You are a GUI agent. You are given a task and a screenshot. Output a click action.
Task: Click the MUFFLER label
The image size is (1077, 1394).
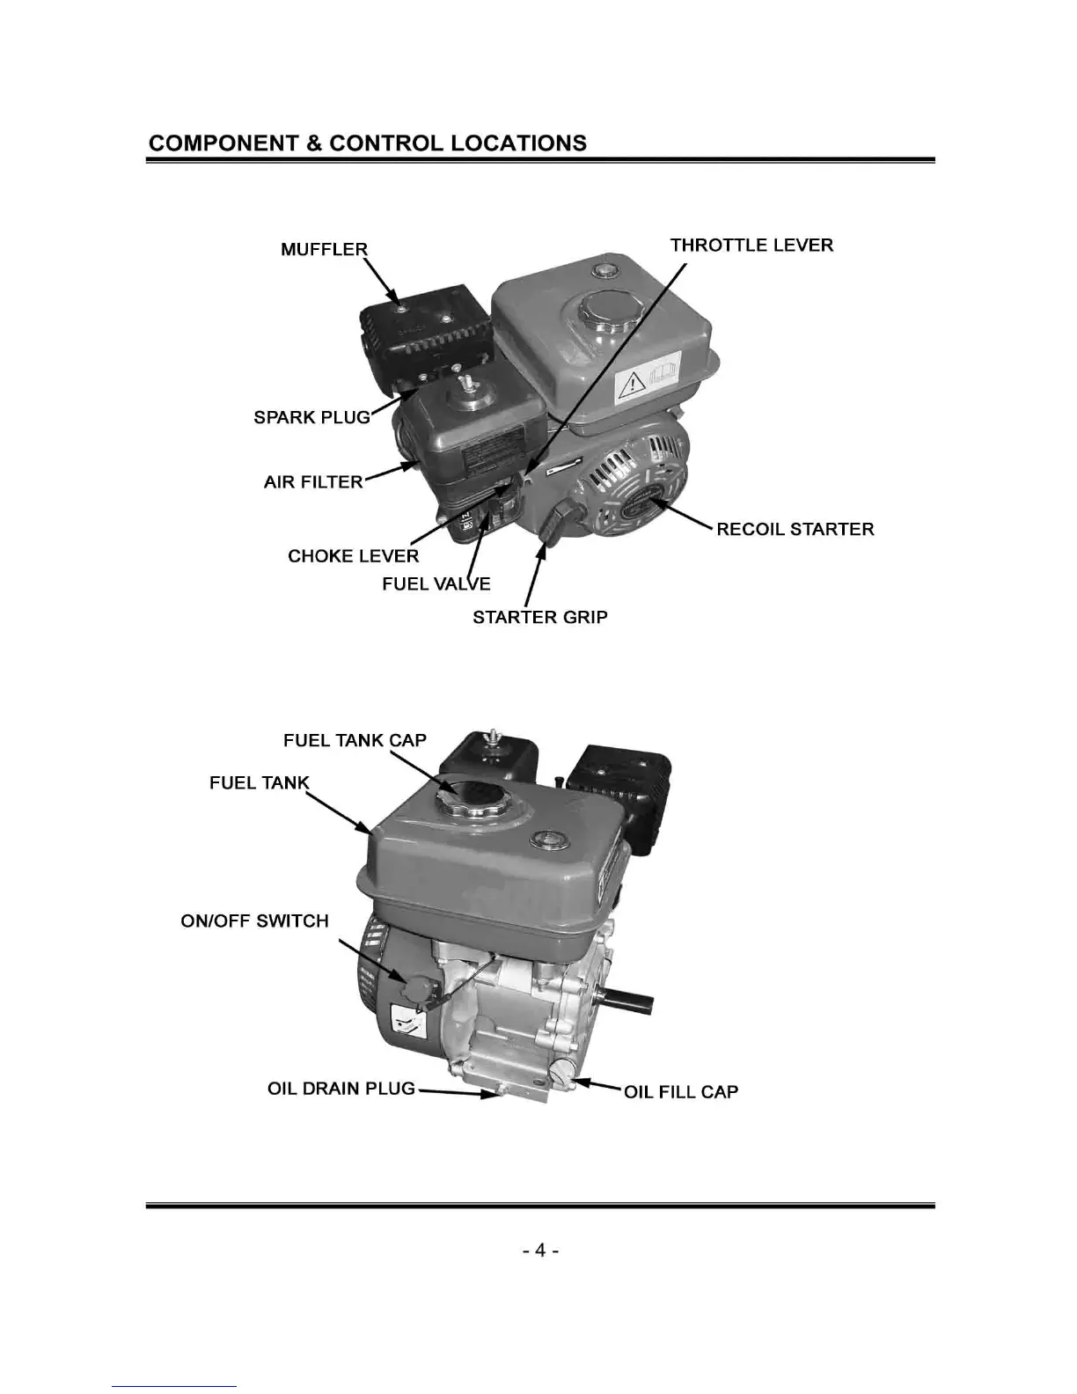click(x=324, y=249)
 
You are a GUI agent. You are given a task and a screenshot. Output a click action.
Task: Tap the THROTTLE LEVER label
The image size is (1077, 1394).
click(x=751, y=245)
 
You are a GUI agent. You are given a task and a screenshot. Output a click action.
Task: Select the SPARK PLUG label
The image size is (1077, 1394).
click(x=312, y=417)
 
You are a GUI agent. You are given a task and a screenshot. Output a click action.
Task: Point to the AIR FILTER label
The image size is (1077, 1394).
click(x=313, y=481)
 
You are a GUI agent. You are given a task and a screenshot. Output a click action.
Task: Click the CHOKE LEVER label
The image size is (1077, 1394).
click(x=354, y=556)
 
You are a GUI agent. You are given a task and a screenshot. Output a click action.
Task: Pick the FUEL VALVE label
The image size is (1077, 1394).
click(x=436, y=583)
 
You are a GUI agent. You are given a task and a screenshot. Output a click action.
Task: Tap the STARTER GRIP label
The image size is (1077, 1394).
click(x=539, y=617)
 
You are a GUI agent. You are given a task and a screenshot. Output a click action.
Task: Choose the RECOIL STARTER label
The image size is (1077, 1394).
click(x=795, y=529)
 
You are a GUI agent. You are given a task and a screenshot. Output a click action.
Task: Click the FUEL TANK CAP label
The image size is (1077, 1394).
click(x=355, y=740)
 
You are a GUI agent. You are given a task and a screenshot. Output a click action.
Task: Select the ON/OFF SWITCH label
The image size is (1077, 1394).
click(x=255, y=921)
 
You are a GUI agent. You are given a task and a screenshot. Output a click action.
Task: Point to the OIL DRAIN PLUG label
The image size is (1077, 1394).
click(x=341, y=1089)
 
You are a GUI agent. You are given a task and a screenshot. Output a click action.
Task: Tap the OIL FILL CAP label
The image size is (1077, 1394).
click(x=681, y=1091)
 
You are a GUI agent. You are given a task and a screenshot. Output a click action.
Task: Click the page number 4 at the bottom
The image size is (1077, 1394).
click(x=541, y=1250)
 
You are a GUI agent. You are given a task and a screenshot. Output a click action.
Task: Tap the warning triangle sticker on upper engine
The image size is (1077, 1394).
click(x=633, y=384)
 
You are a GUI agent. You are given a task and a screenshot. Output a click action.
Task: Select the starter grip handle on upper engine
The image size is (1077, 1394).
click(x=557, y=525)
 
